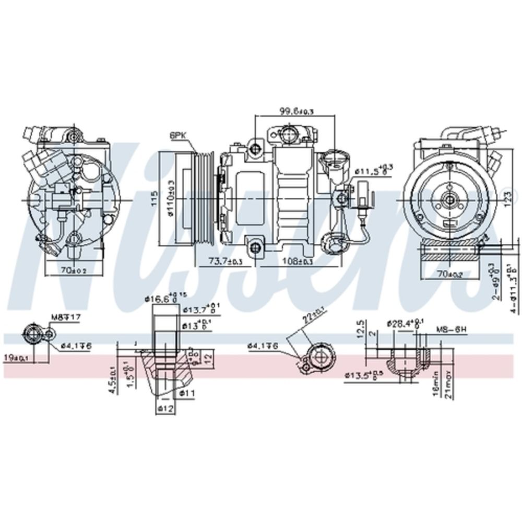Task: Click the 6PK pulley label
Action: point(178,135)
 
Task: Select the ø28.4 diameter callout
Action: point(401,323)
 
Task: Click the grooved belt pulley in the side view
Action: point(204,199)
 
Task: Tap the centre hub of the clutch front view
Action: point(448,199)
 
